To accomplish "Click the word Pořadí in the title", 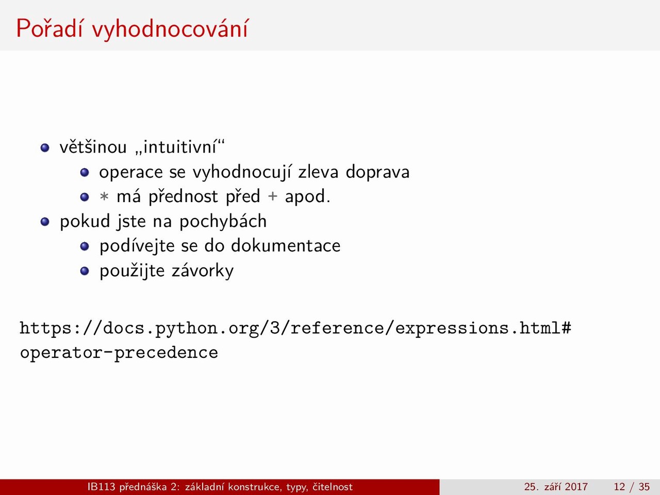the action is [49, 28].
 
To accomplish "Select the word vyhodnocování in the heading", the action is [170, 29].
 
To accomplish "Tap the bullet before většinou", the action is [45, 147].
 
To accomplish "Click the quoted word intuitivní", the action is [180, 146].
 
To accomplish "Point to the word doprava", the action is [377, 172].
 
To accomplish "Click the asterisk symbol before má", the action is [104, 196].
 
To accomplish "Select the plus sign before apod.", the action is [272, 196].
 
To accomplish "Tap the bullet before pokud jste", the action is [45, 222].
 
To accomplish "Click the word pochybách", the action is [223, 222].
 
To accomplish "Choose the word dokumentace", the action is [286, 245].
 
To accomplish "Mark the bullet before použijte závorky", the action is [85, 271].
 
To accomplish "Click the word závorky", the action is [203, 271].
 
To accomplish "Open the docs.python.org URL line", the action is [295, 328].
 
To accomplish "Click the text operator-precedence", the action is [119, 353].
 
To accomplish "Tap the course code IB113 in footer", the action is [102, 487].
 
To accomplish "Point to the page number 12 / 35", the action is [632, 487].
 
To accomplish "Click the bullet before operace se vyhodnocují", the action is [85, 173].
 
